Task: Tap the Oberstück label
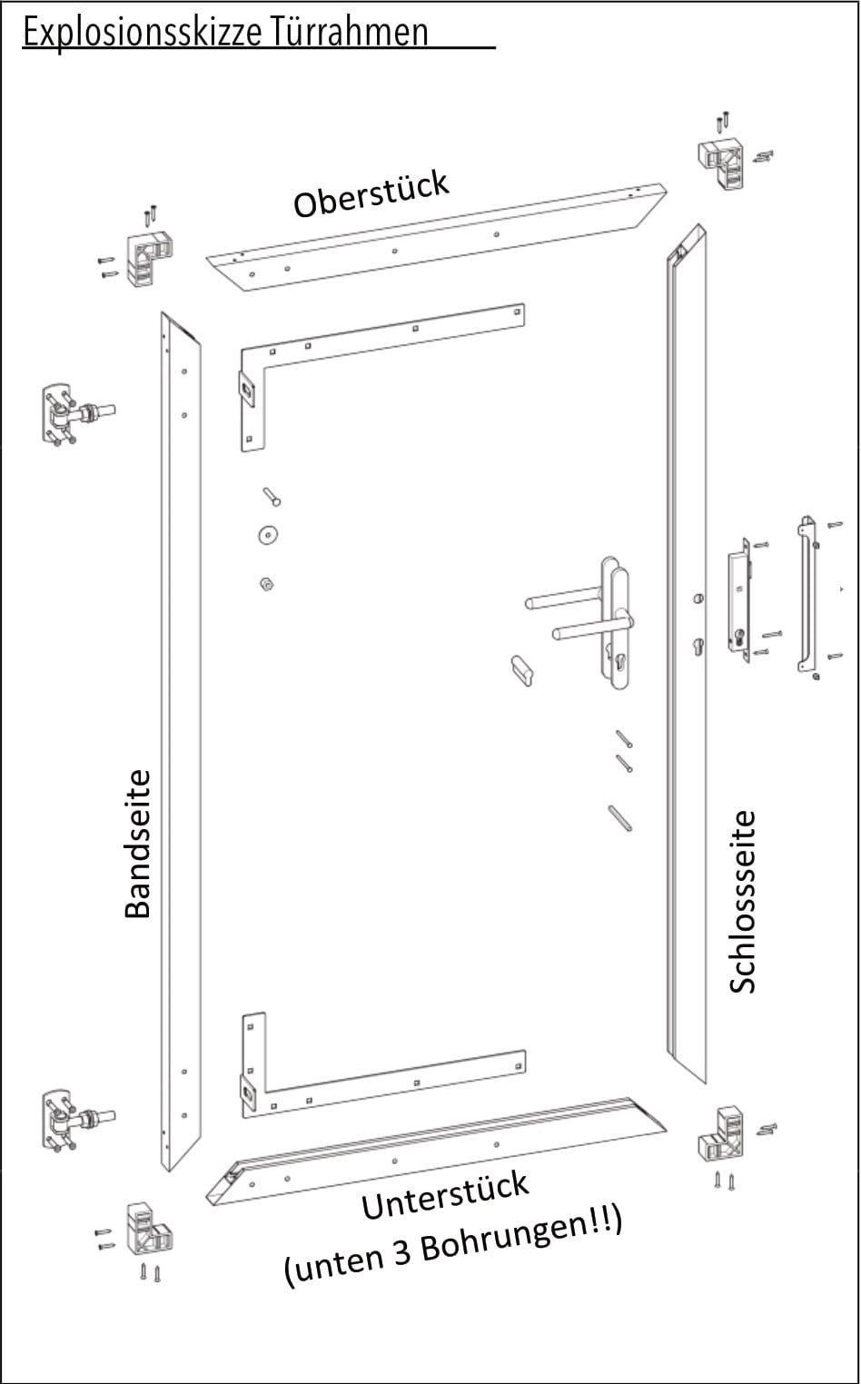pyautogui.click(x=371, y=193)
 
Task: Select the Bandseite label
pyautogui.click(x=137, y=844)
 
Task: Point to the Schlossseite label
pyautogui.click(x=742, y=902)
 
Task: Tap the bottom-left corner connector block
pyautogui.click(x=148, y=1227)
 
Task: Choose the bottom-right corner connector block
pyautogui.click(x=723, y=1133)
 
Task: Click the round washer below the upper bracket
pyautogui.click(x=267, y=535)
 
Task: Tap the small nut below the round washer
pyautogui.click(x=267, y=583)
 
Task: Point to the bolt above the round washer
pyautogui.click(x=272, y=497)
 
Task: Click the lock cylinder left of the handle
pyautogui.click(x=521, y=670)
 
